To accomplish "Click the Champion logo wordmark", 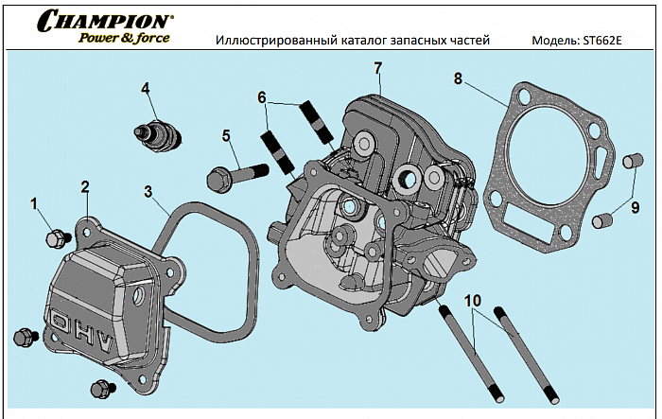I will click(x=104, y=19).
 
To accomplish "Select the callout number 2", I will click(x=85, y=186).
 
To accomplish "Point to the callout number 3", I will click(x=148, y=191).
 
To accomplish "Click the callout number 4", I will click(x=146, y=88).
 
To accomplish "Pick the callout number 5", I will click(x=226, y=135).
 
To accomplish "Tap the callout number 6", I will click(x=262, y=97).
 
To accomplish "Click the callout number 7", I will click(x=377, y=68).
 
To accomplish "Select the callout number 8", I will click(x=458, y=79).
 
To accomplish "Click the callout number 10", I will click(x=473, y=300).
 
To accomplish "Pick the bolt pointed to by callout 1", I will click(x=56, y=236).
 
